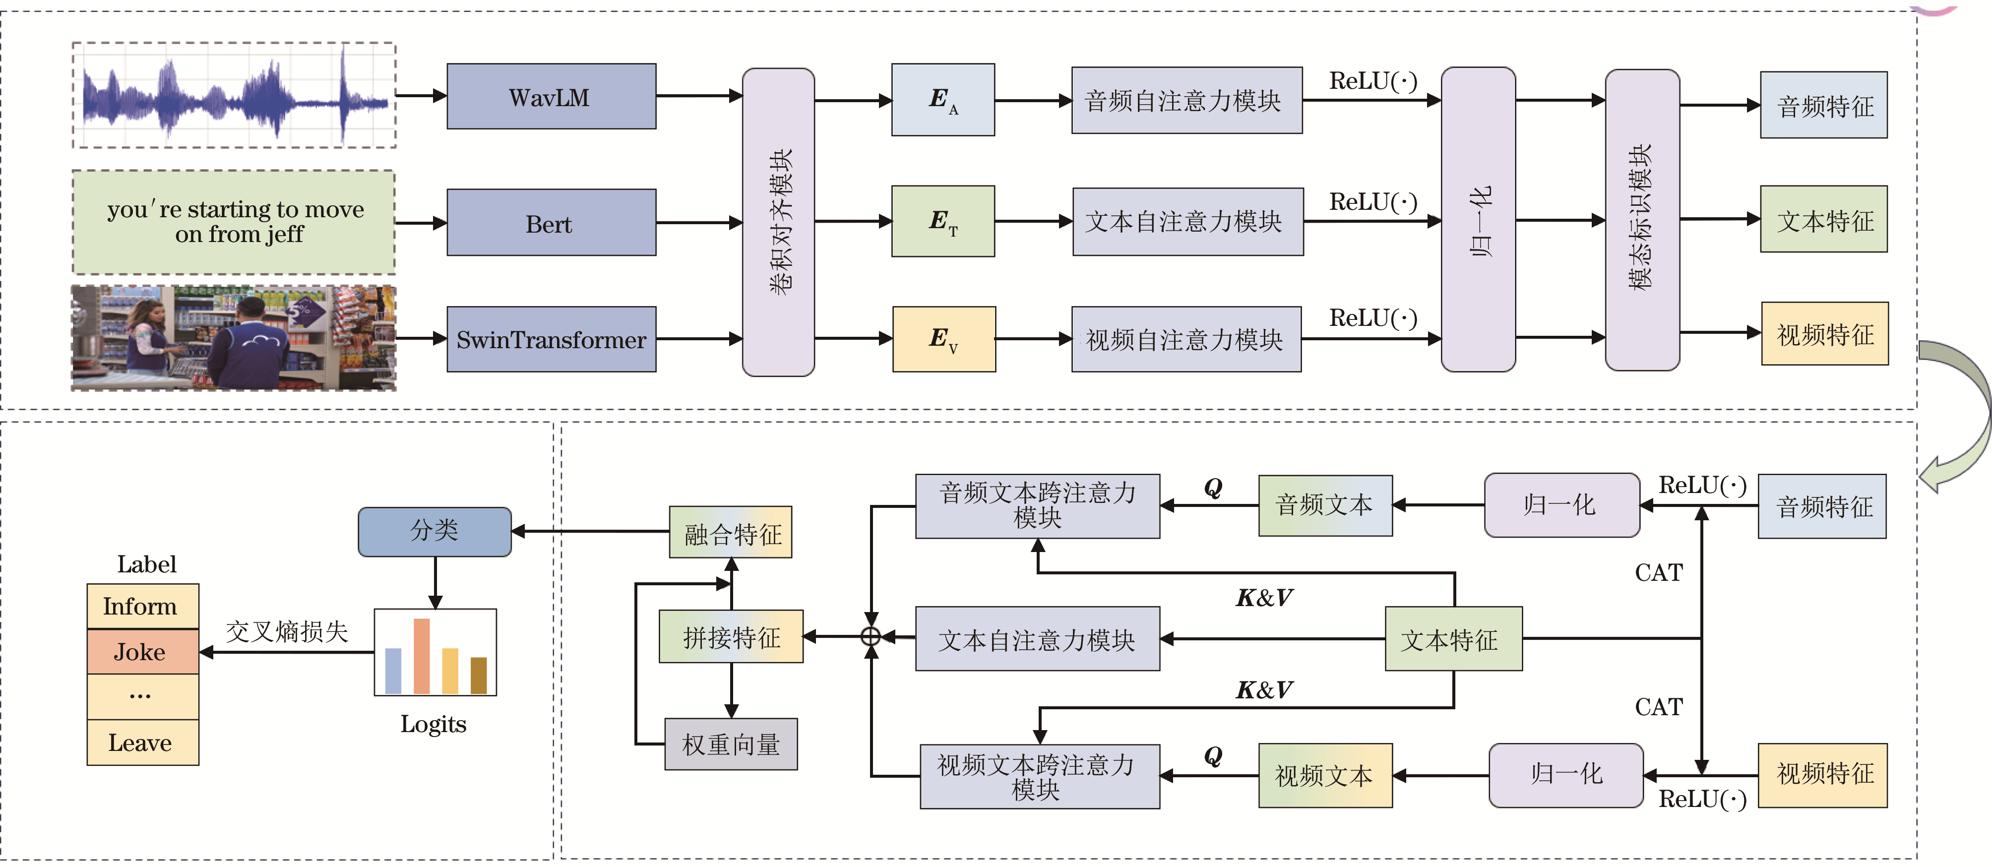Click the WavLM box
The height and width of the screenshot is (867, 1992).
tap(551, 97)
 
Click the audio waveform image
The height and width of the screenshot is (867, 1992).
tap(234, 95)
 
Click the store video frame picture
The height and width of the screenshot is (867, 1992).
tap(234, 338)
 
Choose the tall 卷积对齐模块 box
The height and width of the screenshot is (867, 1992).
tap(778, 222)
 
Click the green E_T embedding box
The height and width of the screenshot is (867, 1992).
tap(942, 221)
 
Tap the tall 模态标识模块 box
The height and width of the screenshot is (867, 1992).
tap(1642, 220)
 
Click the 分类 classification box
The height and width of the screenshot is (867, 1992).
tap(435, 531)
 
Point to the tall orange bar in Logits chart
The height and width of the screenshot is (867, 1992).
tap(422, 656)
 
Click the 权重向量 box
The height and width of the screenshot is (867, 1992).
tap(731, 744)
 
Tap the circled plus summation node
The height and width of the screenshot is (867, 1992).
tap(871, 636)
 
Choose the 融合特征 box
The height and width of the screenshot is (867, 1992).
tap(731, 532)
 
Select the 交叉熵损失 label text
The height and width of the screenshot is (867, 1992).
tap(287, 631)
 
